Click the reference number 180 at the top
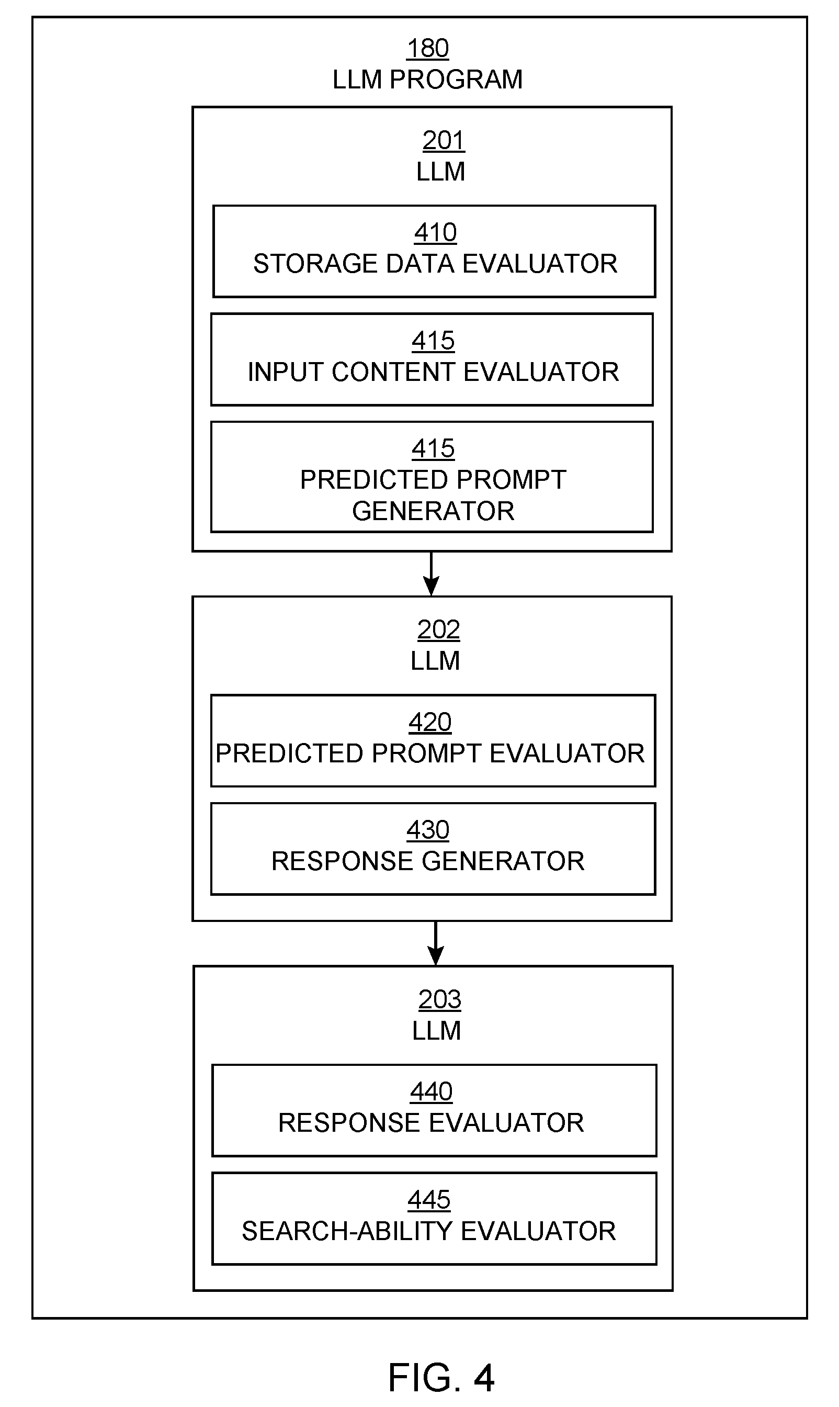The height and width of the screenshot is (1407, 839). [428, 48]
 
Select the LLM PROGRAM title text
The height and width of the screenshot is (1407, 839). [427, 80]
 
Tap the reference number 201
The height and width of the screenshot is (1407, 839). [443, 140]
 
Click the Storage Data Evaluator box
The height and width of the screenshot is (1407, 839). [434, 251]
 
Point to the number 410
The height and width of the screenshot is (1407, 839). [435, 232]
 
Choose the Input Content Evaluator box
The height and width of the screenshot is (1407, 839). [432, 359]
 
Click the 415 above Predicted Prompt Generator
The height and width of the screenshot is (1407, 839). [433, 448]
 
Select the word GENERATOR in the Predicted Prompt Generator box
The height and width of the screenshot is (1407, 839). [433, 511]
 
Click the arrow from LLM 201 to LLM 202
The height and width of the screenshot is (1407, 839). [432, 573]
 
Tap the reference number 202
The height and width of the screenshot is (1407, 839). [438, 629]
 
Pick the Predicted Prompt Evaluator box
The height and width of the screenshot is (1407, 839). [433, 740]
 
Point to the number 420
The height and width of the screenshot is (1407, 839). [430, 722]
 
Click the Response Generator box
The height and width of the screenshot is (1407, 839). [433, 848]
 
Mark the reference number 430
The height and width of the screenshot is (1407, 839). [428, 830]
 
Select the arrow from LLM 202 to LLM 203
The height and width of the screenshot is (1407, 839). [435, 943]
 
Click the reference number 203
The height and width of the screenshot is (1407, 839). [440, 999]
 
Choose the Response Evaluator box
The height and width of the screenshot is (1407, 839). [434, 1110]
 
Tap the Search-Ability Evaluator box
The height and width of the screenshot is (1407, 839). [434, 1219]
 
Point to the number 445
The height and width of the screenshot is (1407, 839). [429, 1199]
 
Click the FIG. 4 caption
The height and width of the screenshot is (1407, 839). [441, 1377]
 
